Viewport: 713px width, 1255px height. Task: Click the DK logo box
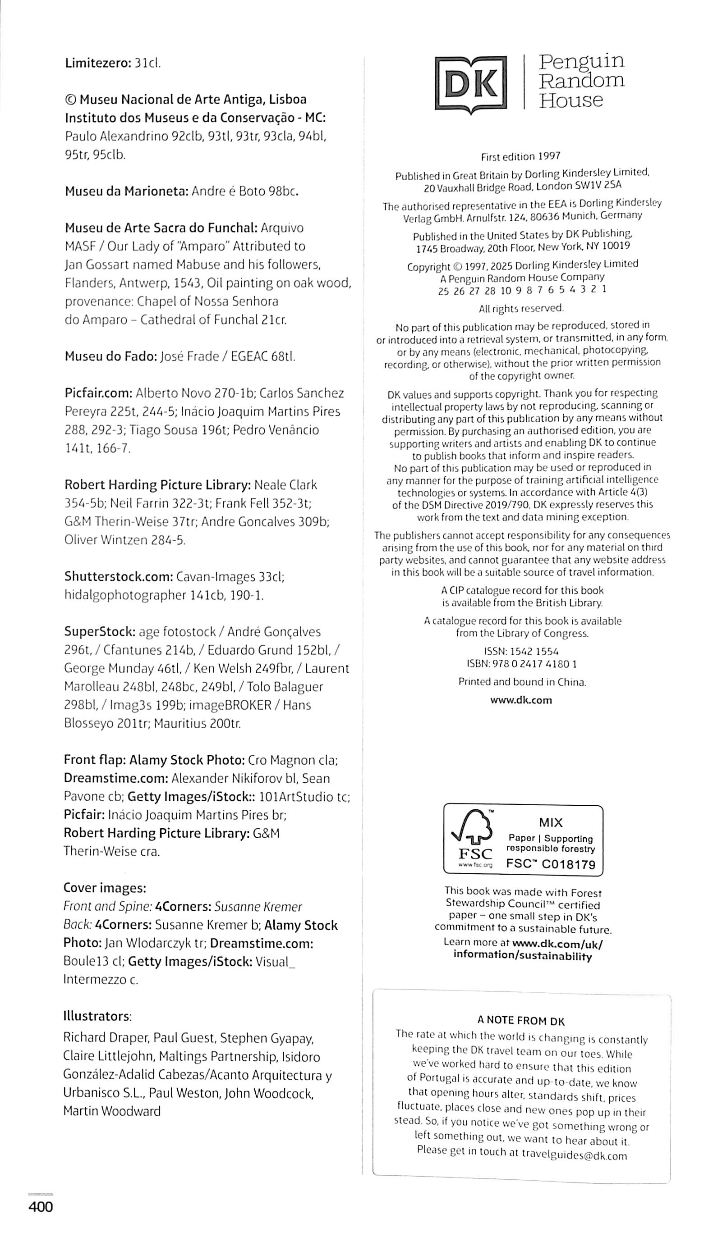[x=471, y=84]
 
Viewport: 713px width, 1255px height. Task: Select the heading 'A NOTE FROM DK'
[x=520, y=1021]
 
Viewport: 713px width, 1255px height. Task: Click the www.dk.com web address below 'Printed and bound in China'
[x=521, y=700]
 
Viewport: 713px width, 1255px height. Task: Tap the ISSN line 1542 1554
[x=521, y=651]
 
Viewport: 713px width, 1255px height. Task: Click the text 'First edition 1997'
[x=520, y=156]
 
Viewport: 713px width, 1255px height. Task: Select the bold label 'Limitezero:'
[x=98, y=63]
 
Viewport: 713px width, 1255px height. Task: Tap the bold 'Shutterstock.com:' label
[x=118, y=576]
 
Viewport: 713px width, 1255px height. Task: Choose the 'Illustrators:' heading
[x=97, y=1016]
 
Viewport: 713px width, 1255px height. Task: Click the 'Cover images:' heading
[x=105, y=888]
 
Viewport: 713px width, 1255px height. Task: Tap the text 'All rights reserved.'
[x=521, y=308]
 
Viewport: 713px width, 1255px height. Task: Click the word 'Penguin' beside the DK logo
[x=581, y=61]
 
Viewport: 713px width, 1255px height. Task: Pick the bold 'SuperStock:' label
[x=99, y=632]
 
